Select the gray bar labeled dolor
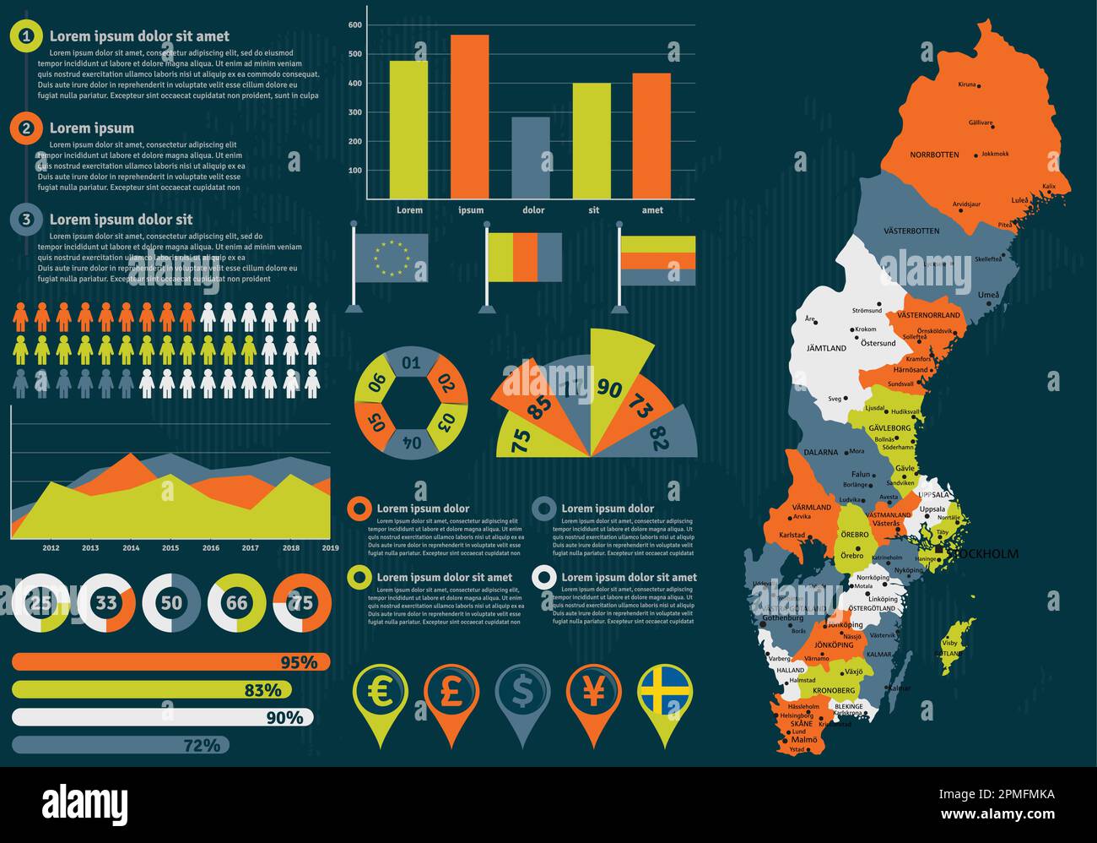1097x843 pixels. (531, 158)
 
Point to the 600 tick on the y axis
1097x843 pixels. (355, 25)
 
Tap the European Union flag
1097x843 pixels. (392, 257)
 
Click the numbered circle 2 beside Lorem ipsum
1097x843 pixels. (27, 128)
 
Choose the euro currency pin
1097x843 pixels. (380, 693)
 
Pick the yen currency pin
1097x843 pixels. (594, 693)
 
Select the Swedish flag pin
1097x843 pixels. (665, 693)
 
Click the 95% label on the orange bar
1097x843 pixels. (299, 662)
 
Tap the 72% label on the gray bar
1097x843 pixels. (203, 745)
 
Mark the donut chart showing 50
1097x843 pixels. (171, 603)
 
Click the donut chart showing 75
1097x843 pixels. (302, 603)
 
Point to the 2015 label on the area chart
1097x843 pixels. (170, 548)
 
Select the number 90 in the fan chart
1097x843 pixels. (608, 388)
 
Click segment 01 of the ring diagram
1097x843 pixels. (411, 364)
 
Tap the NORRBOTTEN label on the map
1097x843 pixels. (934, 155)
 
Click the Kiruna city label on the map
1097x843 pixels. (967, 84)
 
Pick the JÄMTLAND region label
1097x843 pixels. (826, 348)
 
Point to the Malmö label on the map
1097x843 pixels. (804, 739)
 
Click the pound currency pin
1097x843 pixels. (451, 693)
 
